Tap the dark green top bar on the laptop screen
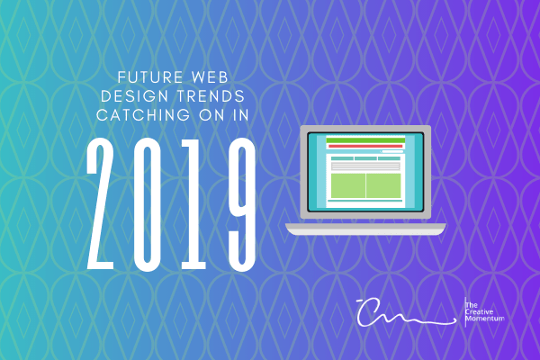pos(364,139)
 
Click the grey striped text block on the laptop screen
pos(364,166)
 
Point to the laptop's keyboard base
pos(365,228)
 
